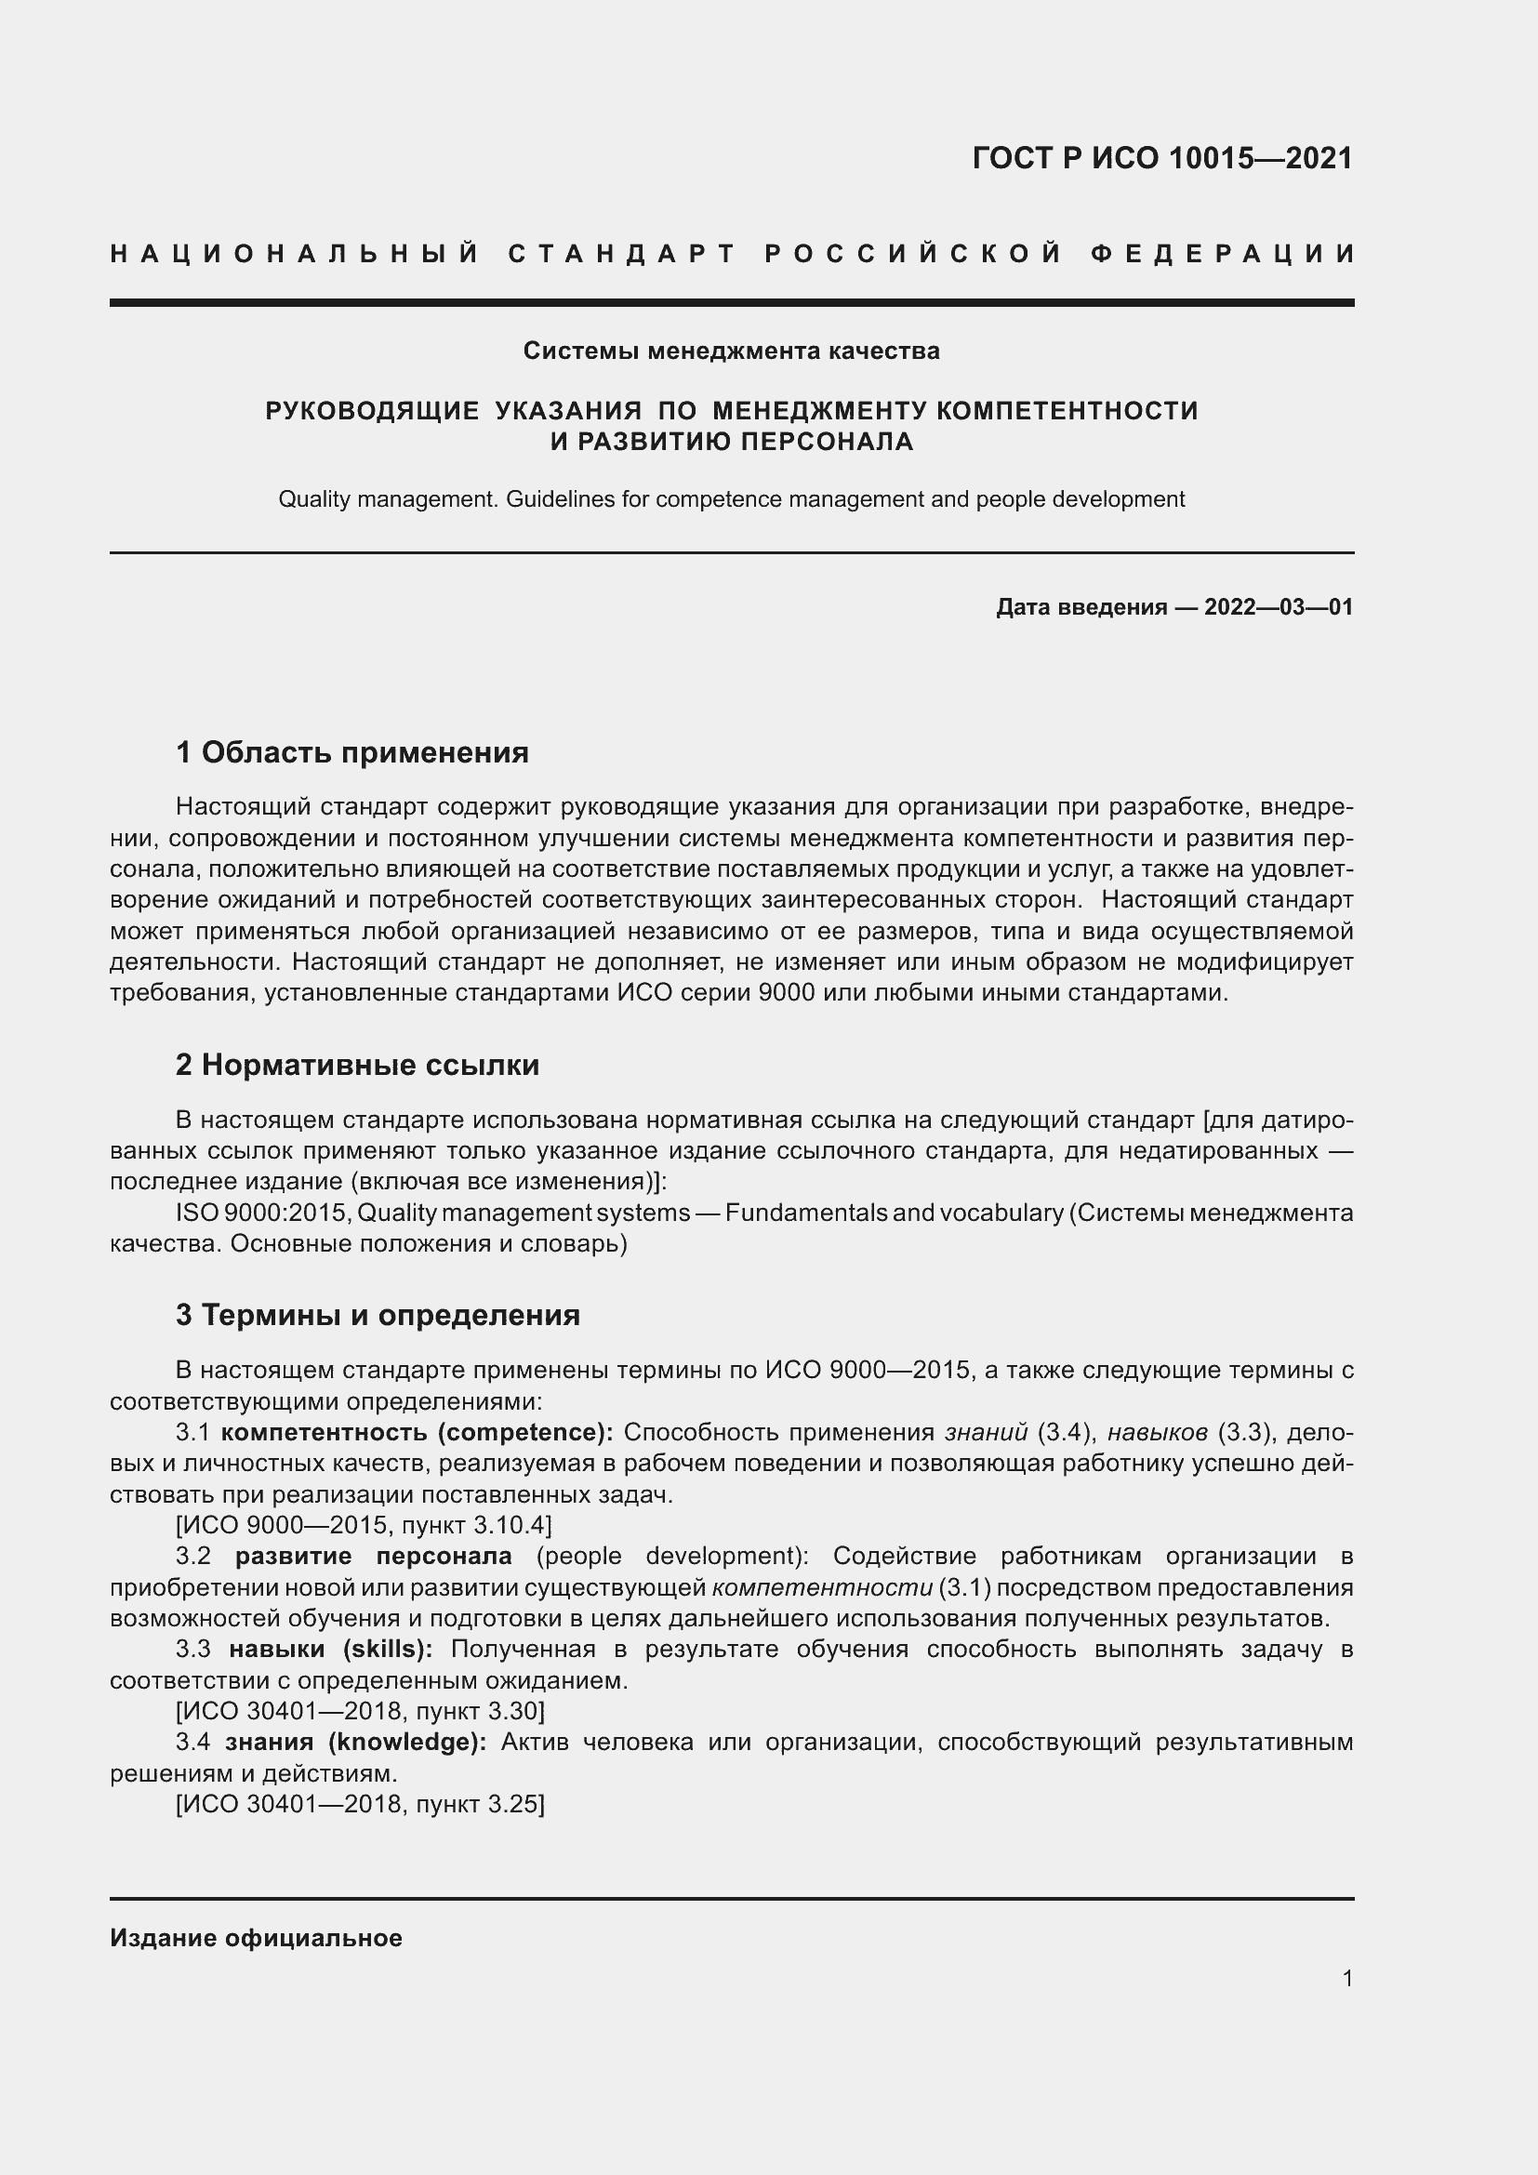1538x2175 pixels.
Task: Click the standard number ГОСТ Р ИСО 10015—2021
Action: click(x=1162, y=158)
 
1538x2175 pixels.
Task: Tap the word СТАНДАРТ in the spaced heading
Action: click(x=622, y=254)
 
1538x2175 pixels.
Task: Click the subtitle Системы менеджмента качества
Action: click(x=731, y=351)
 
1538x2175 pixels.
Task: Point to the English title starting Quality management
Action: click(x=731, y=499)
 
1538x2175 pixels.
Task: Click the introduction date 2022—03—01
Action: click(x=1278, y=607)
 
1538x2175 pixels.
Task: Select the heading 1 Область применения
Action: click(x=351, y=753)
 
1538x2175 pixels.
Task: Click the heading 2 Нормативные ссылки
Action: click(x=357, y=1065)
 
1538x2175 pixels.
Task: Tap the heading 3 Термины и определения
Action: click(x=377, y=1315)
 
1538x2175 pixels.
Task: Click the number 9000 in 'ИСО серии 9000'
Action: click(x=786, y=994)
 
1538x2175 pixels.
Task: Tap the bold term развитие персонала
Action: click(x=373, y=1556)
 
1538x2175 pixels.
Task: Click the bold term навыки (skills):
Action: click(x=330, y=1650)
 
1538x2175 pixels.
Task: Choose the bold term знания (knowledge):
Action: click(x=355, y=1742)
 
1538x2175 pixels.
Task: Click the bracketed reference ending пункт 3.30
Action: click(x=360, y=1711)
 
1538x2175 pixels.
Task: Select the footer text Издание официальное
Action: click(x=256, y=1938)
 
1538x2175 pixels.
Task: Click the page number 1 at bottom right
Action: click(x=1347, y=1978)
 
